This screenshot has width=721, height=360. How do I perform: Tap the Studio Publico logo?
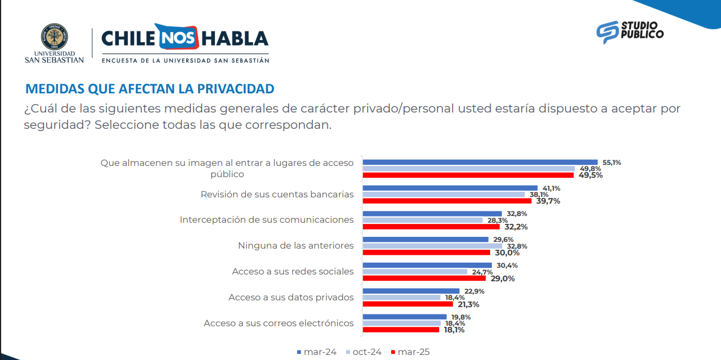630,31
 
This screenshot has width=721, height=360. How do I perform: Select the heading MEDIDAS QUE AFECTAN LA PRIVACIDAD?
150,89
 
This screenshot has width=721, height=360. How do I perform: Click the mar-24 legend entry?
317,352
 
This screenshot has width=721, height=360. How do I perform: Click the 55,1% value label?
612,163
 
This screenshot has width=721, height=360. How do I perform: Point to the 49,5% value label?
590,175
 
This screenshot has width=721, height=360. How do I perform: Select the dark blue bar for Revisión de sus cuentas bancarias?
450,188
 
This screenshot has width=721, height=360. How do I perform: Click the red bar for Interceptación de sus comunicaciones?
431,227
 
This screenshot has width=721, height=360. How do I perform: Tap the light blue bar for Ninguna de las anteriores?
432,246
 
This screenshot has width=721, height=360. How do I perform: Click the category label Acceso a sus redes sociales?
293,272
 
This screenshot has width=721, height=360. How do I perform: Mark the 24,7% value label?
482,272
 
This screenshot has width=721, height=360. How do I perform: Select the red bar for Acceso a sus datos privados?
407,304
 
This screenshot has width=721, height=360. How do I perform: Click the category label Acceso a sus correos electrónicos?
279,323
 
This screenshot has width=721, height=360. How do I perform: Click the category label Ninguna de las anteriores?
295,246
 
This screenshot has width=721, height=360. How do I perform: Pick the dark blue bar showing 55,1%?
480,162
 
